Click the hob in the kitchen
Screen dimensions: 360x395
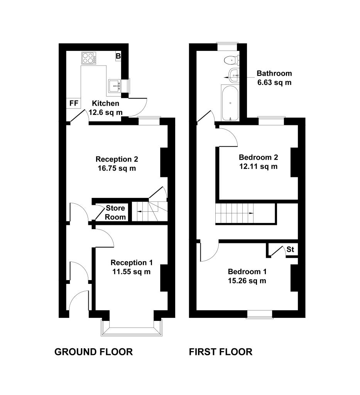[89, 58]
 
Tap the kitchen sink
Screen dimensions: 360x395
[115, 86]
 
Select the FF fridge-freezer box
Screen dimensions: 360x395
[74, 103]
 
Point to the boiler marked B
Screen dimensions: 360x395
[118, 56]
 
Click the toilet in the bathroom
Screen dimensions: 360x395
[231, 60]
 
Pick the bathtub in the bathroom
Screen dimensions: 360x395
[230, 103]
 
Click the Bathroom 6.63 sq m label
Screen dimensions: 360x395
[274, 78]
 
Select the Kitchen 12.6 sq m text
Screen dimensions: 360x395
[106, 108]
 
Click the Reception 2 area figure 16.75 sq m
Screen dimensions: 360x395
[117, 168]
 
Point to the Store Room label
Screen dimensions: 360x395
[115, 213]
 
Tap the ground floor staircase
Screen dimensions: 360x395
[150, 211]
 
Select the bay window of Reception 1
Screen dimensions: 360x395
[132, 328]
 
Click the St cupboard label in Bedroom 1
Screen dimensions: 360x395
[290, 250]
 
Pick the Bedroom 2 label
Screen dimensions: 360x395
[258, 157]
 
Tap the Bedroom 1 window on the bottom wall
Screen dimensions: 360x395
[259, 314]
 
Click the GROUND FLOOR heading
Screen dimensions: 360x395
[93, 352]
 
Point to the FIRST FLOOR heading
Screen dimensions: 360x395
[220, 352]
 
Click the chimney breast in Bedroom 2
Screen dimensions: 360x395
[294, 162]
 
